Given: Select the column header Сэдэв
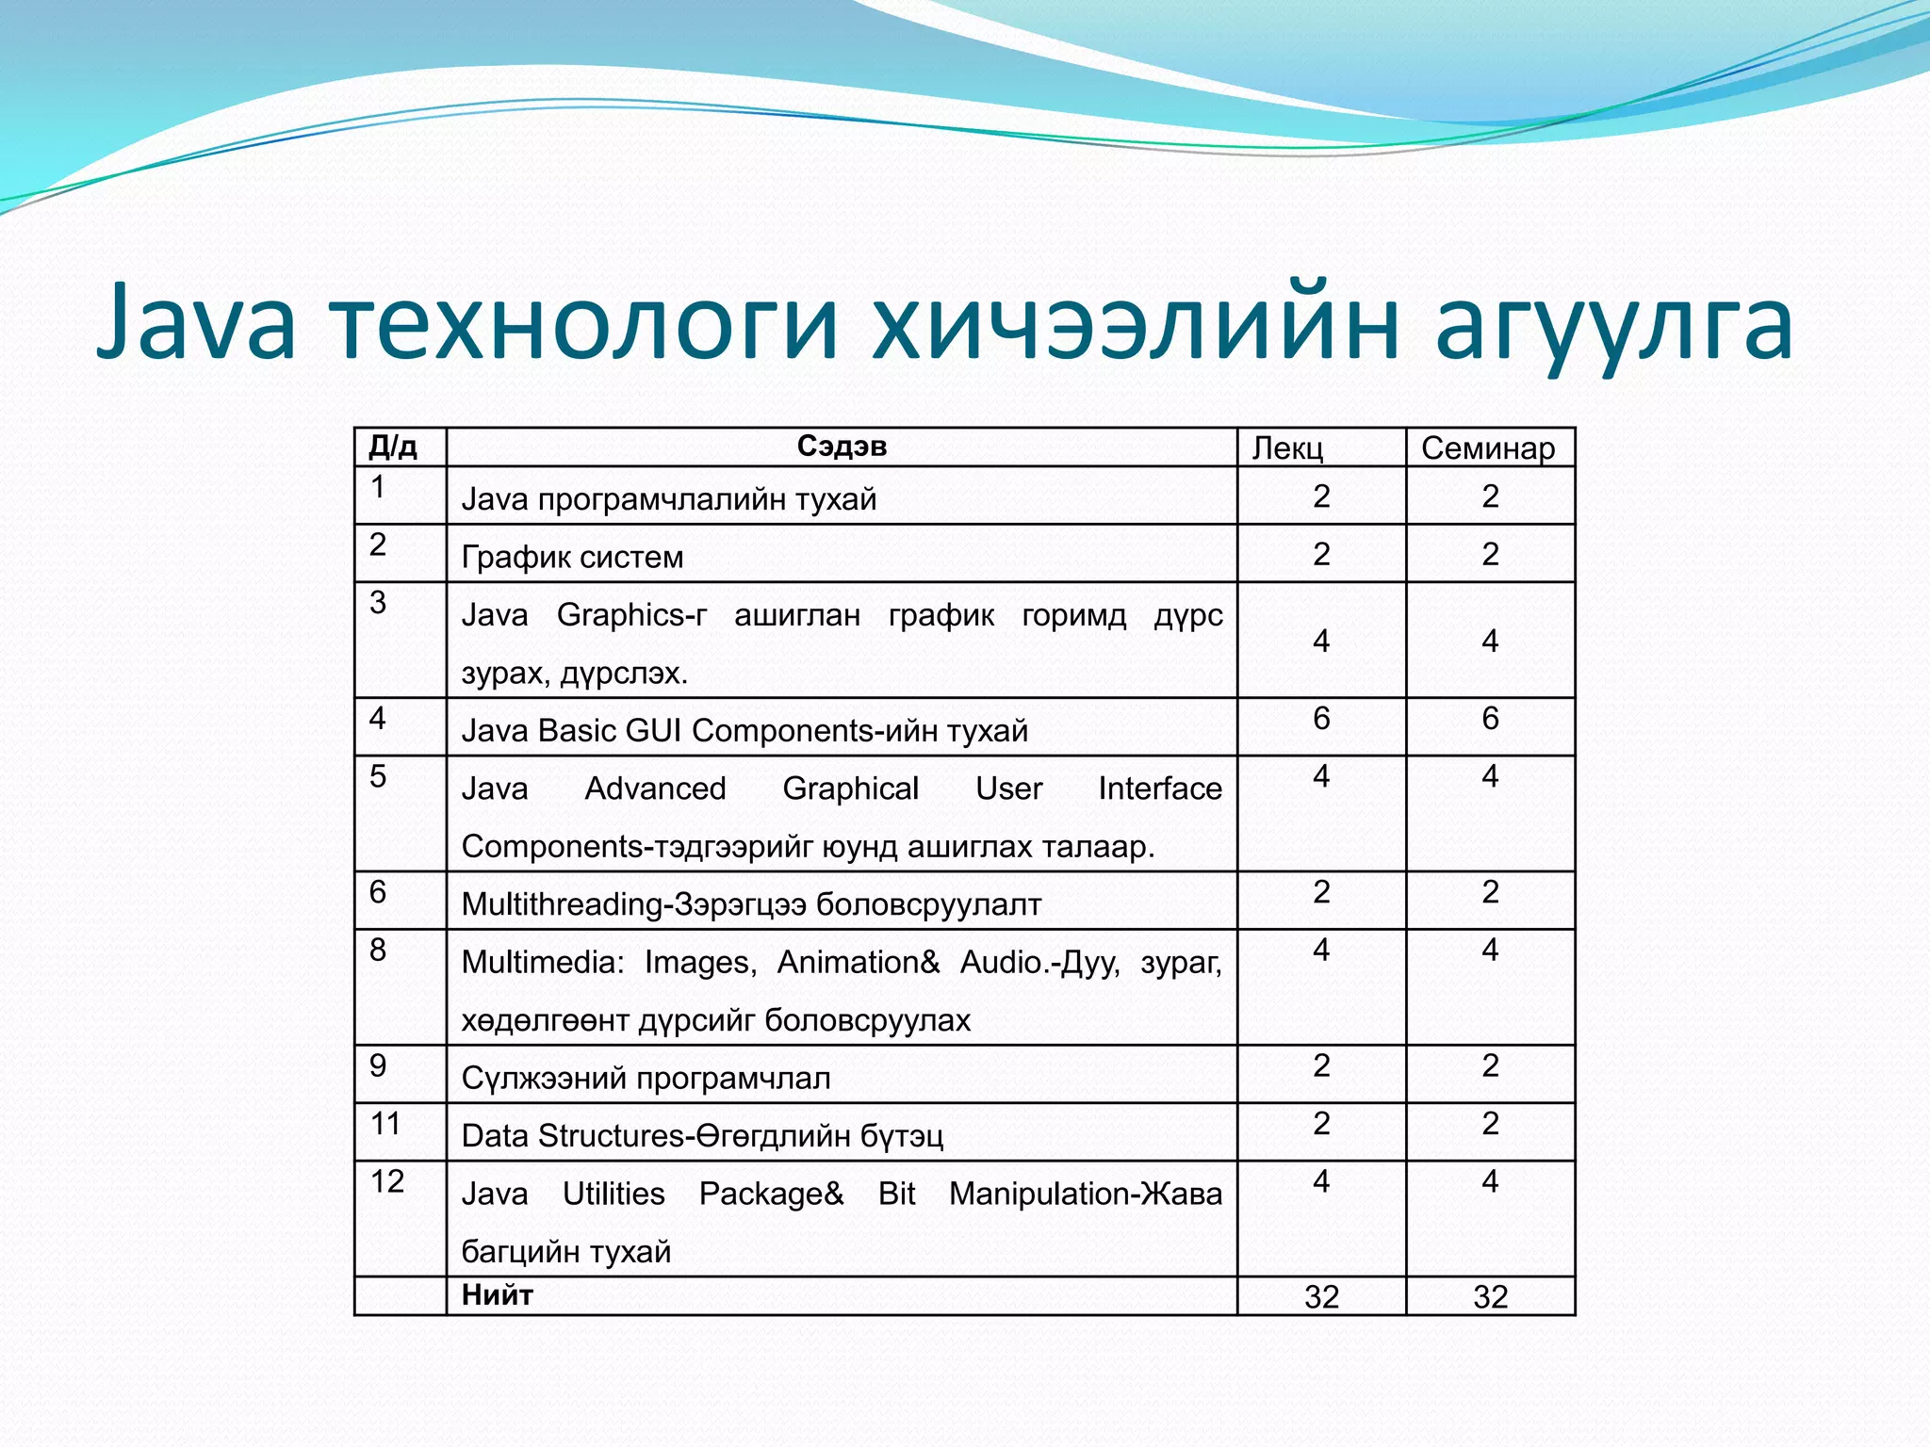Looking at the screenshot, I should [842, 447].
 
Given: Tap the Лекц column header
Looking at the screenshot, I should [1287, 448].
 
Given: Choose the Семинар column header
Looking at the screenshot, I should [1488, 448].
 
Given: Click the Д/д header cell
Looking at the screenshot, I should [392, 447].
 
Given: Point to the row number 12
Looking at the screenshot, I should [386, 1181].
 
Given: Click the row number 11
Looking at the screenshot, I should [385, 1123].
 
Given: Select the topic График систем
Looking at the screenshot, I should [572, 557].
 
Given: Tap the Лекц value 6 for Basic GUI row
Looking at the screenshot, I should [1321, 719].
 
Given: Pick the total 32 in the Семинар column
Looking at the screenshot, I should [1490, 1297].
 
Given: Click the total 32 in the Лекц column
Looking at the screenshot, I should [1321, 1297].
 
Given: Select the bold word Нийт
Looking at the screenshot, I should [497, 1295].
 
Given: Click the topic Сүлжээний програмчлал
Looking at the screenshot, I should [646, 1078].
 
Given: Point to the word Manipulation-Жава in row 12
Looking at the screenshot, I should [1085, 1194].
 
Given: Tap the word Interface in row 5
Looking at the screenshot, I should [1159, 789].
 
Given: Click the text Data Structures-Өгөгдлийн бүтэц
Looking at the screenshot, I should [701, 1136].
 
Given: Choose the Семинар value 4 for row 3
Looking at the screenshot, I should [1490, 641].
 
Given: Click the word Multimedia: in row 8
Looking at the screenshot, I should [543, 963].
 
